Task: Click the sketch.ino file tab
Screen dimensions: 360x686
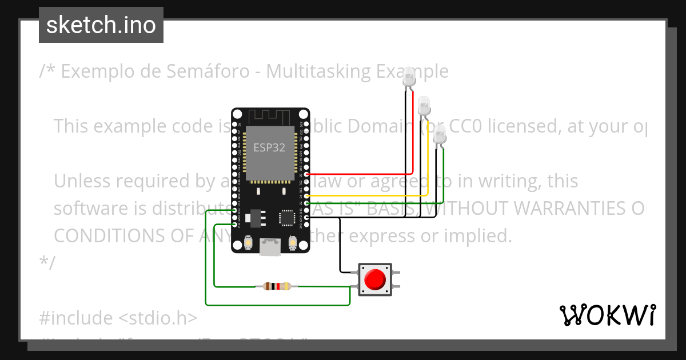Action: pyautogui.click(x=101, y=25)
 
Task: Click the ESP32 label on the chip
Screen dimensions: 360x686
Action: pyautogui.click(x=269, y=147)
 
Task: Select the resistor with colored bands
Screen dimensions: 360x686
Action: pyautogui.click(x=277, y=286)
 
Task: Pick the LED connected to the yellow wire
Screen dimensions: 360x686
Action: pyautogui.click(x=424, y=105)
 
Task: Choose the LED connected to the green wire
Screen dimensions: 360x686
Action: pyautogui.click(x=439, y=135)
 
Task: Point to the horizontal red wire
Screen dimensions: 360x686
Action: pyautogui.click(x=360, y=174)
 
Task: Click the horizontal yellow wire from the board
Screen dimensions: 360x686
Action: pyautogui.click(x=366, y=195)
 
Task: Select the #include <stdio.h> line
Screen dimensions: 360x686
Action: pyautogui.click(x=118, y=318)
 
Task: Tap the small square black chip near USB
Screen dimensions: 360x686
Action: pyautogui.click(x=286, y=218)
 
